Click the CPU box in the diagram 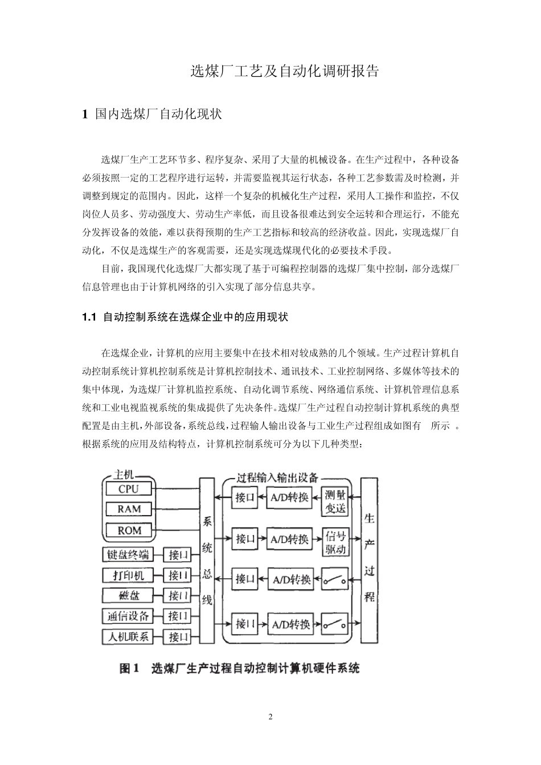tap(129, 488)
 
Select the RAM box tap(129, 509)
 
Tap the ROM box tap(129, 530)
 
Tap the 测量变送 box tap(335, 501)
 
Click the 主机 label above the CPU tap(125, 475)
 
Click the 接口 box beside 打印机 tap(178, 575)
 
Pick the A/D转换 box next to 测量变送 tap(289, 499)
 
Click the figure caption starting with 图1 tap(239, 668)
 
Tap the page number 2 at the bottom tap(270, 717)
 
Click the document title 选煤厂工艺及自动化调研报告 tap(284, 72)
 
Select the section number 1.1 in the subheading tap(91, 317)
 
